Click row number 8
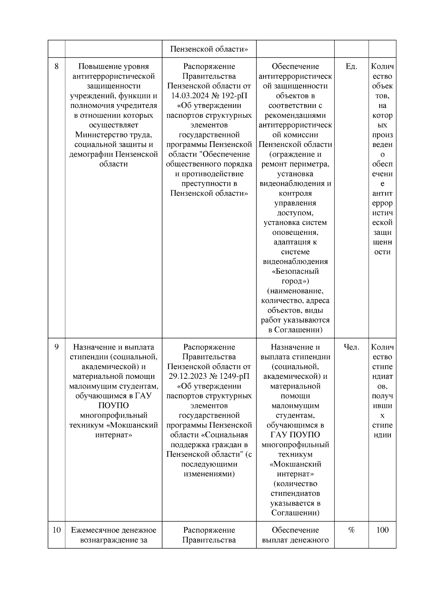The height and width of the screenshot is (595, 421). click(56, 67)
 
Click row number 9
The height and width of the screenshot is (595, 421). click(56, 347)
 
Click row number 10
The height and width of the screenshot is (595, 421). click(56, 530)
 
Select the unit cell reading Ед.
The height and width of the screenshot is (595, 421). click(351, 67)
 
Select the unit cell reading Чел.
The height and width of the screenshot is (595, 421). click(351, 347)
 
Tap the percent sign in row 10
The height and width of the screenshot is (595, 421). click(351, 530)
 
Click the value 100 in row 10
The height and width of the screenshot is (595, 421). click(382, 530)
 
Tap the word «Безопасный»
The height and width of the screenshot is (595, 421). click(295, 272)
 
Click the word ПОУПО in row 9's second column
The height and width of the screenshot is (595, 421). click(113, 406)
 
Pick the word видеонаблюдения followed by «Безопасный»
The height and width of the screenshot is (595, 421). click(295, 262)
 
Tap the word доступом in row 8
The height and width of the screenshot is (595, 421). click(295, 213)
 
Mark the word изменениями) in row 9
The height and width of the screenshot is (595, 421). click(209, 474)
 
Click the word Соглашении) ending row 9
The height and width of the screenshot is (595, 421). click(295, 513)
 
